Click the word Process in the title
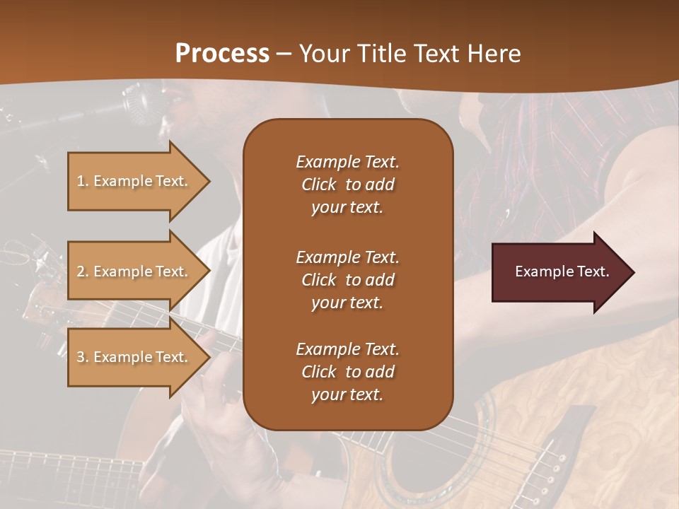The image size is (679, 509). (x=222, y=53)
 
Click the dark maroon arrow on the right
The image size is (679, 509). (x=559, y=272)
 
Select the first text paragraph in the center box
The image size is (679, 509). (x=347, y=185)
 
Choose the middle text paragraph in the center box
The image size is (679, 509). (x=347, y=280)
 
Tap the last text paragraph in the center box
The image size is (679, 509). (x=347, y=372)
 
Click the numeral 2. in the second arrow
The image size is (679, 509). (x=83, y=271)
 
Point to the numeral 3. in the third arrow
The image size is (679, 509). (x=83, y=357)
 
